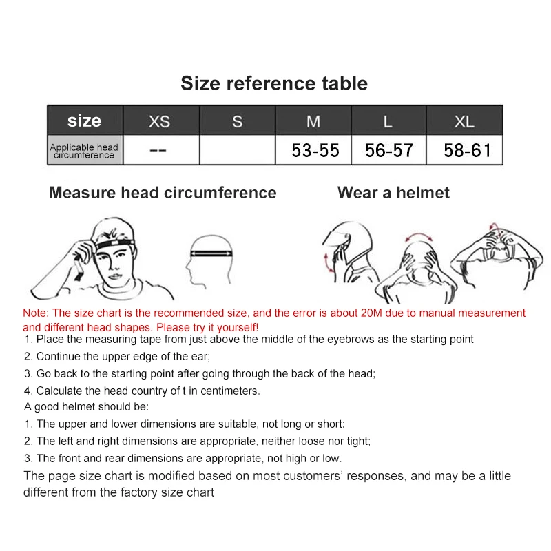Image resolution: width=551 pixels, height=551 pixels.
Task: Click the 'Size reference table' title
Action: (x=274, y=83)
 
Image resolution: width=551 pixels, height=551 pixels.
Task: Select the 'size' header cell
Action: (x=85, y=121)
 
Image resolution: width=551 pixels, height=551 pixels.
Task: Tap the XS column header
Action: (x=160, y=121)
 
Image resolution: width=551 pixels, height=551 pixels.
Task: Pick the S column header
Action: (x=238, y=121)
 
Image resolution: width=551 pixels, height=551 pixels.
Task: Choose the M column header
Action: (x=313, y=121)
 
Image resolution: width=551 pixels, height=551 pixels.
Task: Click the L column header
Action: (x=388, y=121)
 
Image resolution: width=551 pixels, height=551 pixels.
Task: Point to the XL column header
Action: (x=465, y=121)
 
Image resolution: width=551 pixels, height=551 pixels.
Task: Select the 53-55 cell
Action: (x=315, y=150)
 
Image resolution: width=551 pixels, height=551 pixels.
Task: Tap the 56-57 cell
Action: (x=389, y=150)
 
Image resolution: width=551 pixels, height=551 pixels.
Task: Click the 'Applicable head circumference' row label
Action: (x=84, y=151)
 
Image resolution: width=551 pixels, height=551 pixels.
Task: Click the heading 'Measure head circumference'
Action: (x=163, y=193)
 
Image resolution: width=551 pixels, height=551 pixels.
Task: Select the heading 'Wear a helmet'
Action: (x=393, y=193)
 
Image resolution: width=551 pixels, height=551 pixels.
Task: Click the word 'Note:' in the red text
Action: (x=36, y=313)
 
